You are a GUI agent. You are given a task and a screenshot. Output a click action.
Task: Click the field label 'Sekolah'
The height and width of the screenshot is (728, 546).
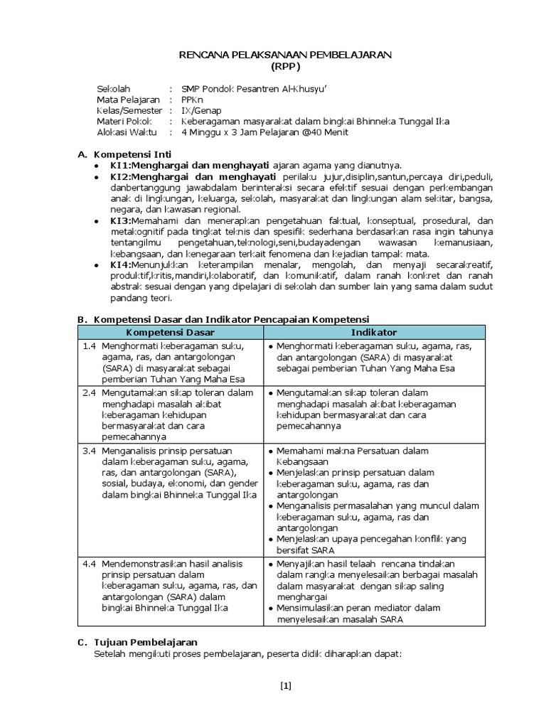pos(114,88)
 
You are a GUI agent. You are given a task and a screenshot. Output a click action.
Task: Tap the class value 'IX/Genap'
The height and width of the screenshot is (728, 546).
pos(201,110)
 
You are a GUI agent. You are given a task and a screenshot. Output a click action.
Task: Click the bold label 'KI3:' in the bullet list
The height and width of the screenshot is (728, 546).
pos(120,220)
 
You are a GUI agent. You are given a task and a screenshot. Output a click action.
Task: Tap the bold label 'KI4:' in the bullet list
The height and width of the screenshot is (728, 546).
pos(120,264)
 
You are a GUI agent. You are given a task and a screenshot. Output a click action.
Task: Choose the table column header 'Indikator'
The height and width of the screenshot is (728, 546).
pos(373,332)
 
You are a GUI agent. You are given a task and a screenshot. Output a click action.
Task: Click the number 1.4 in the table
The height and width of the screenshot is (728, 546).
pos(88,346)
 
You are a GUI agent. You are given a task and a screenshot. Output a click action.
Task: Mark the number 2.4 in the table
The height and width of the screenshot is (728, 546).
pos(88,392)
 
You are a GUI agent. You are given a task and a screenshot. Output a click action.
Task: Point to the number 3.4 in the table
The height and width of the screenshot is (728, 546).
pos(88,451)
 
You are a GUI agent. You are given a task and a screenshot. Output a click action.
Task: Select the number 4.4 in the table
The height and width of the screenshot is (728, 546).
pos(88,563)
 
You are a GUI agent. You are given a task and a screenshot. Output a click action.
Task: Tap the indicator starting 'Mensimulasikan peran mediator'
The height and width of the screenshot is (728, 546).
pos(359,608)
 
